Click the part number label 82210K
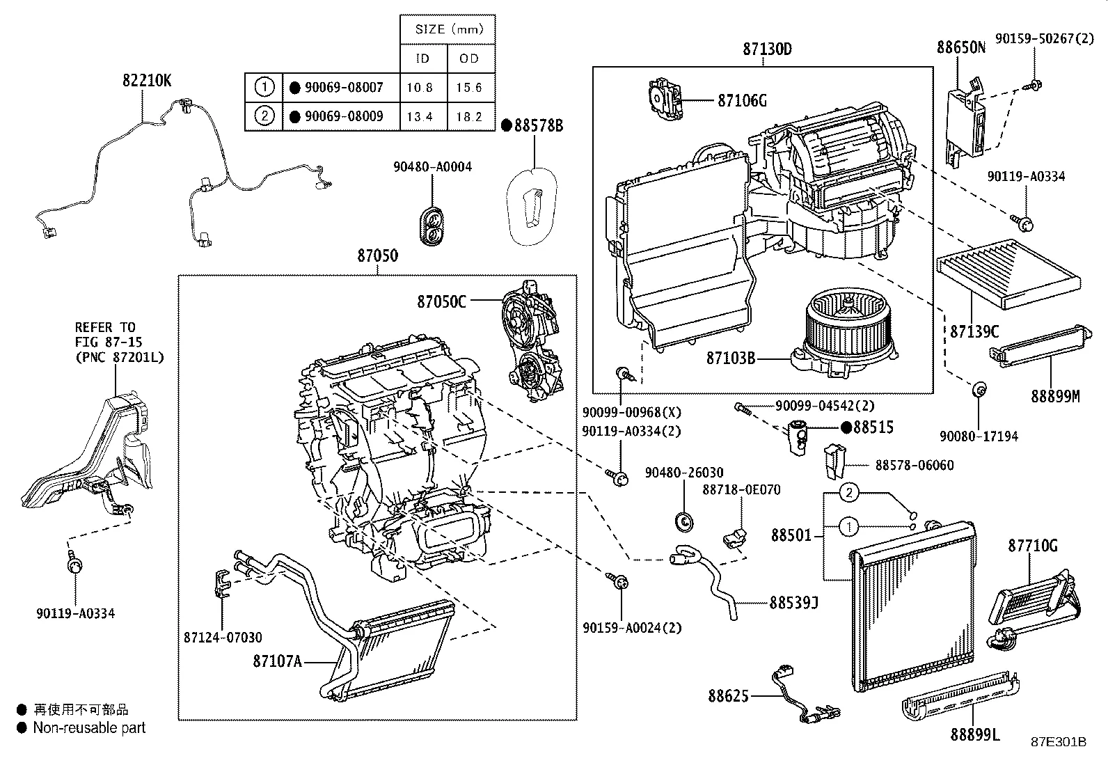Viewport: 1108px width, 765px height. pos(147,81)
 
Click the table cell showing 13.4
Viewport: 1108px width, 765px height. pos(420,116)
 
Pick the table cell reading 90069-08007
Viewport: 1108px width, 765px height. pos(344,88)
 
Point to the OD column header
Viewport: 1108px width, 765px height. pos(470,58)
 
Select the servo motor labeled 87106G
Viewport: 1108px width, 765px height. pos(666,99)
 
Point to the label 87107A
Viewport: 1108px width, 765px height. pos(277,661)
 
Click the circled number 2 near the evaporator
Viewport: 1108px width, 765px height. pos(848,494)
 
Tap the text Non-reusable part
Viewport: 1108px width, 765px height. pos(89,728)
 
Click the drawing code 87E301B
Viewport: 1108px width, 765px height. pos(1059,742)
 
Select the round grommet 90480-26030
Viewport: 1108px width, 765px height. pos(684,519)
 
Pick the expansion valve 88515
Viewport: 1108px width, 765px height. pos(799,437)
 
